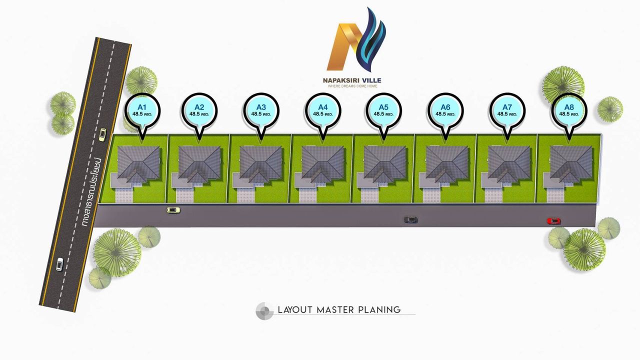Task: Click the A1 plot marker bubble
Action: (142, 110)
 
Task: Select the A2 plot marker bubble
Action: (199, 110)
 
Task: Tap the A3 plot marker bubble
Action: (261, 110)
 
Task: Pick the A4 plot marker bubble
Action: (322, 110)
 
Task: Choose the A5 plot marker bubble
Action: (383, 110)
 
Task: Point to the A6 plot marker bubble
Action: (445, 110)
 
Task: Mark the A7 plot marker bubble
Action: (507, 110)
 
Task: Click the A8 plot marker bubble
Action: (569, 110)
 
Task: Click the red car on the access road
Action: (553, 221)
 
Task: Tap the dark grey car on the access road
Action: (410, 219)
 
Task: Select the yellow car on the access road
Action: (173, 210)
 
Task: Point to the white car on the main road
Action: (59, 264)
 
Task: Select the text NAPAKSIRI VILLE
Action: (352, 80)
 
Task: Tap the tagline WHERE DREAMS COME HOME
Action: (352, 86)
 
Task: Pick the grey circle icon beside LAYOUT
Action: (264, 311)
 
